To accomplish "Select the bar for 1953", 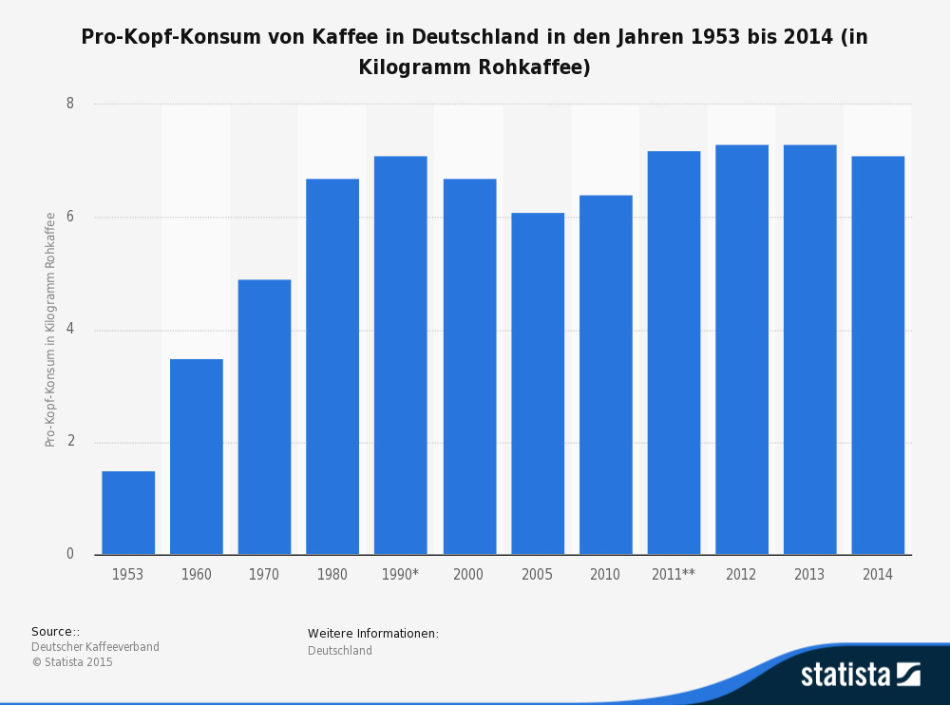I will [128, 513].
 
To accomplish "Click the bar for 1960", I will [197, 457].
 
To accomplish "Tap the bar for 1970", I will [264, 417].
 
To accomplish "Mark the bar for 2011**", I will [674, 353].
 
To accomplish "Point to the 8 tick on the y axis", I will [70, 104].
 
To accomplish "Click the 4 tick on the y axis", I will [70, 330].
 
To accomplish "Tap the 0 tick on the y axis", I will [70, 554].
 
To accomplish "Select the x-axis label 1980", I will [332, 575].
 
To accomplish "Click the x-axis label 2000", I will [468, 575].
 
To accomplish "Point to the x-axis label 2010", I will [605, 575].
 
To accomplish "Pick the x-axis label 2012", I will [741, 575].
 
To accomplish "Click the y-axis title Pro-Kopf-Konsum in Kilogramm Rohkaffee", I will [50, 330].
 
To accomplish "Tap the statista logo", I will [860, 675].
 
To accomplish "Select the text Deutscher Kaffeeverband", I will [95, 647].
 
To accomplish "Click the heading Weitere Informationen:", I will [373, 634].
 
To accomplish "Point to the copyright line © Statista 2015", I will [72, 662].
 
